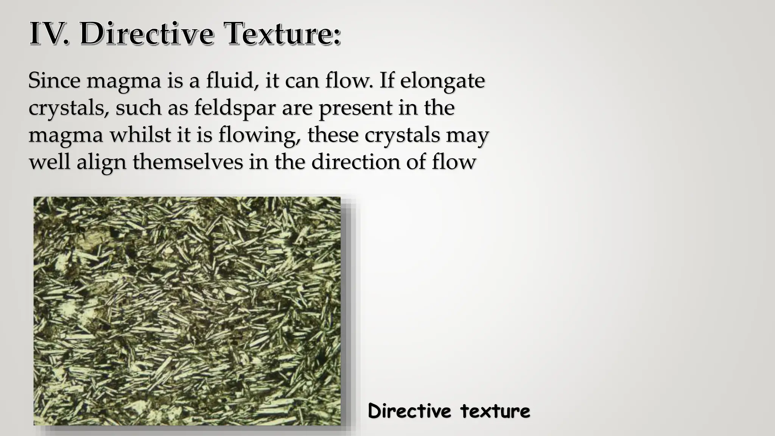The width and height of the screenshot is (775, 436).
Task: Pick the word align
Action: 101,162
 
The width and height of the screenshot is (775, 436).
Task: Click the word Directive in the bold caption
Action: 409,411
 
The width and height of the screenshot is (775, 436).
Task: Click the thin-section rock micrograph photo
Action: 187,311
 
